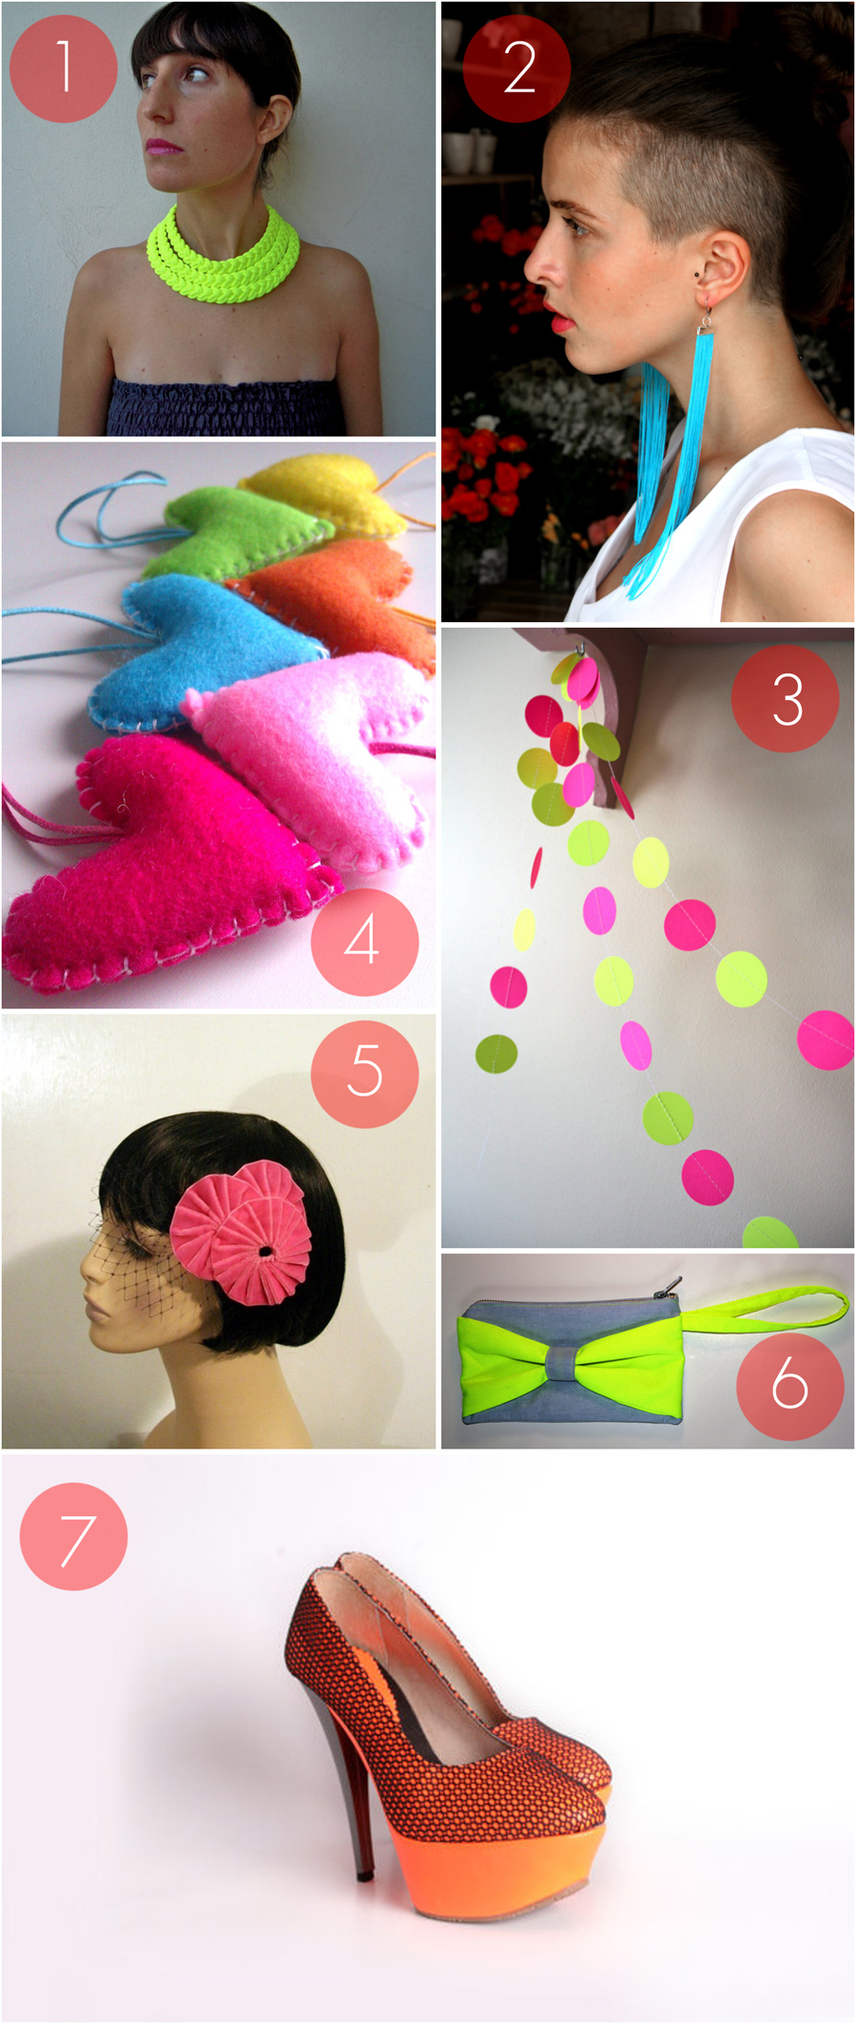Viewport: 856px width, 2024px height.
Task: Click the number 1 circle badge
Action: [x=64, y=68]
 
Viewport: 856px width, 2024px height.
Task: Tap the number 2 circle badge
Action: [x=517, y=68]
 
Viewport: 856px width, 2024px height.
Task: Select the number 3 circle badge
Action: [x=786, y=699]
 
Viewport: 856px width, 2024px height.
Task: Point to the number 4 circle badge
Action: [x=365, y=942]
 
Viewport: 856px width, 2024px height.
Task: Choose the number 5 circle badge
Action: [x=365, y=1074]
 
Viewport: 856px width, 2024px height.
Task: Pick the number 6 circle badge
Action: [x=790, y=1385]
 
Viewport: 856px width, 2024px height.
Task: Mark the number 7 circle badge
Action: [x=73, y=1536]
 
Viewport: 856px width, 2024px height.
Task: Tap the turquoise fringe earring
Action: [x=671, y=457]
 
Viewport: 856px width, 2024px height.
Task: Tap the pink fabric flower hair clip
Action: [x=243, y=1232]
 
